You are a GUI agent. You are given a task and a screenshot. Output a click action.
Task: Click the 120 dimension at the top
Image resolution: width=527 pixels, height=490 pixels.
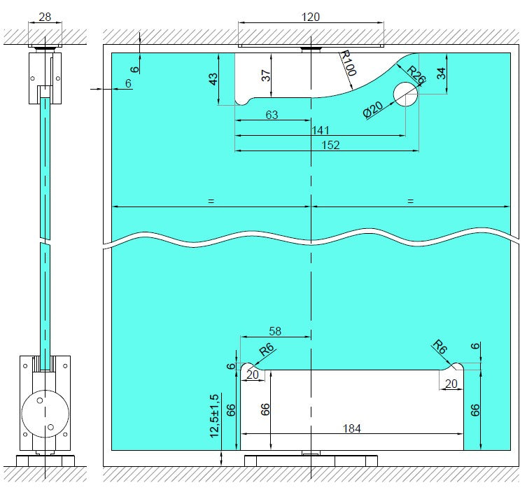pyautogui.click(x=310, y=17)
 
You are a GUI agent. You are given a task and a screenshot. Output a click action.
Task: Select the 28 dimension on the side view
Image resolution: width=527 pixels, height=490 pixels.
pyautogui.click(x=45, y=17)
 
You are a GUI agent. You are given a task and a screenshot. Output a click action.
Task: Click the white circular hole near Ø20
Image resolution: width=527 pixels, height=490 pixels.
pyautogui.click(x=405, y=94)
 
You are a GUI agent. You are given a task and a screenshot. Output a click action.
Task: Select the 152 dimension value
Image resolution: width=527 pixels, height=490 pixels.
pyautogui.click(x=330, y=145)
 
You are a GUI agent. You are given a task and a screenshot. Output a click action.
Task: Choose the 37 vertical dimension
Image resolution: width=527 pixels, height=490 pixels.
pyautogui.click(x=267, y=76)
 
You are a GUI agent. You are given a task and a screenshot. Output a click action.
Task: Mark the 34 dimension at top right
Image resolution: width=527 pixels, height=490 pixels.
pyautogui.click(x=441, y=73)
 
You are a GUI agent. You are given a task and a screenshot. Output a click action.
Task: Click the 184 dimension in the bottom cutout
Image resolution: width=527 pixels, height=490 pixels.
pyautogui.click(x=352, y=428)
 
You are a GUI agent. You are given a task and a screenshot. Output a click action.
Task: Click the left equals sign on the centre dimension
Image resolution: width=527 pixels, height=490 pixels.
pyautogui.click(x=210, y=201)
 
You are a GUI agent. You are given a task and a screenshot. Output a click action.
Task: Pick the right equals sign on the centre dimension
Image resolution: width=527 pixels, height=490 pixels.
pyautogui.click(x=410, y=201)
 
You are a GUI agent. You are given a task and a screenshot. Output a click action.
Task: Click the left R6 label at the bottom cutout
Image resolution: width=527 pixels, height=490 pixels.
pyautogui.click(x=266, y=350)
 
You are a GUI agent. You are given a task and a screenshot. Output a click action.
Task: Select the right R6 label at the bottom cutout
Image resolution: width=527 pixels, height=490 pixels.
pyautogui.click(x=439, y=346)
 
